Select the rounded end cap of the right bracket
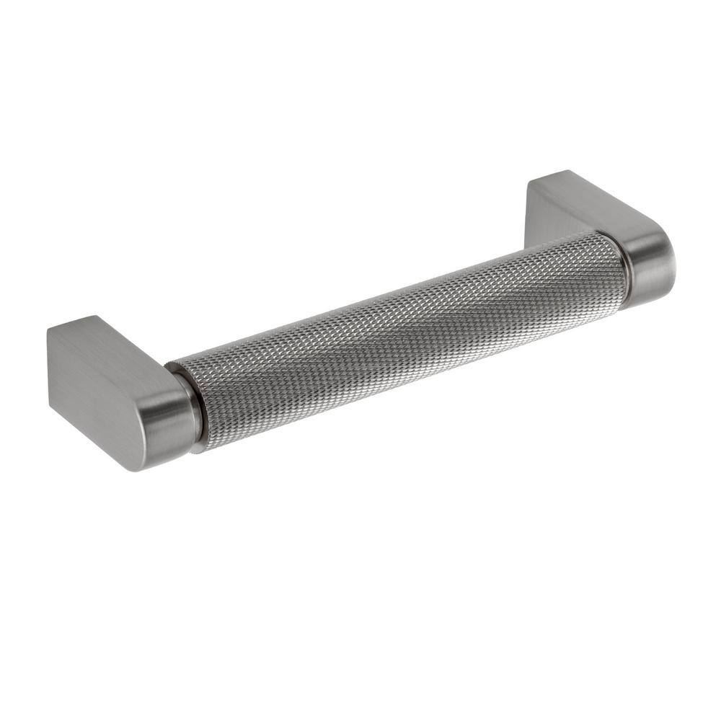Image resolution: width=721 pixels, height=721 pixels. pyautogui.click(x=649, y=267)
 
